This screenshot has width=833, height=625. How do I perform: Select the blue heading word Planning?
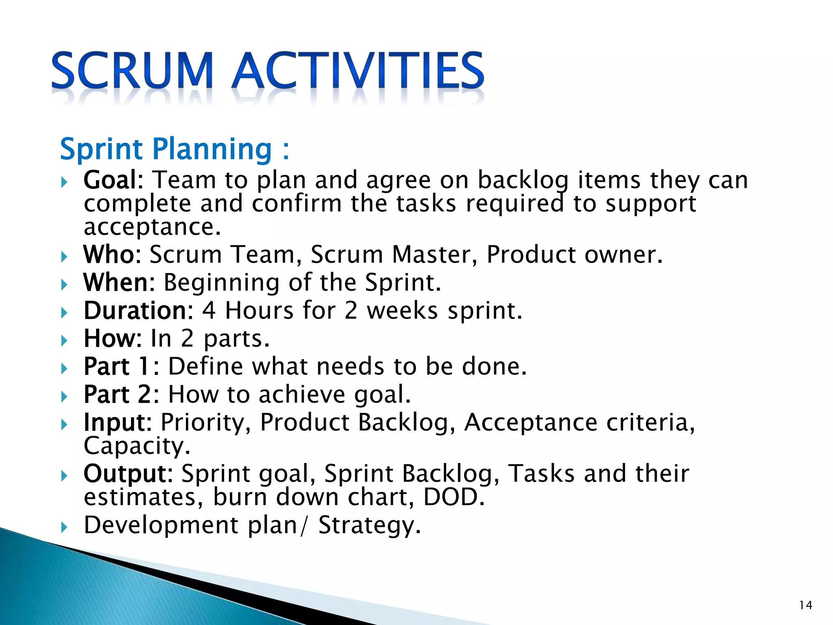click(x=212, y=150)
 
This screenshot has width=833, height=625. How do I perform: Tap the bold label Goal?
click(x=110, y=180)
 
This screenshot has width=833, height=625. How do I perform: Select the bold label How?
click(x=109, y=339)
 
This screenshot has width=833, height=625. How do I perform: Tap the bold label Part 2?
click(x=118, y=394)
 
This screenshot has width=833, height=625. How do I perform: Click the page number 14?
click(x=806, y=605)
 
